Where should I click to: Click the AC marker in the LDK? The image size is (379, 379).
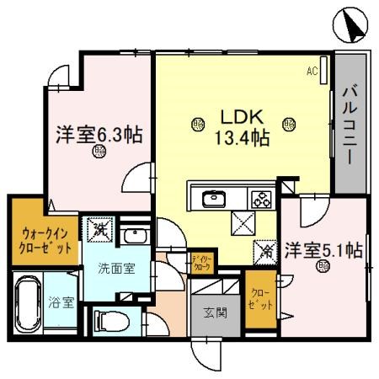[x=311, y=72]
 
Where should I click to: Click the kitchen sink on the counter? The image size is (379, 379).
[x=214, y=200]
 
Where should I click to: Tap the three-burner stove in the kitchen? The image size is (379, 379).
[x=261, y=200]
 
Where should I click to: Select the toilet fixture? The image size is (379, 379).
[x=108, y=320]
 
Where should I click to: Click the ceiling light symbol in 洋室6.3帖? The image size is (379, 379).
[x=100, y=152]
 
